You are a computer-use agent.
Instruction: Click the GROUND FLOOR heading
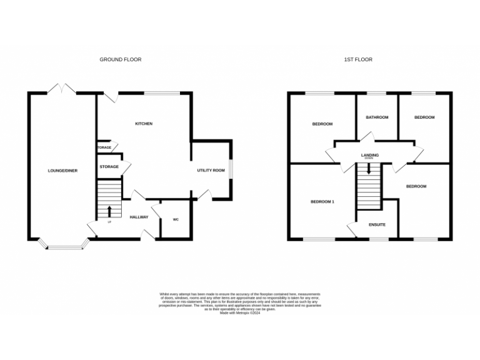(121, 60)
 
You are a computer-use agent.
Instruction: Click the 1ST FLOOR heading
(358, 60)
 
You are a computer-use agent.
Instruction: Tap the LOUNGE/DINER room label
(63, 171)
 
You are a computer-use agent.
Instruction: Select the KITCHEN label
(144, 124)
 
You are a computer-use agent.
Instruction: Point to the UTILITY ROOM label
(211, 171)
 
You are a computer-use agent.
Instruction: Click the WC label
(175, 220)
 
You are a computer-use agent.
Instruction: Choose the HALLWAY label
(139, 217)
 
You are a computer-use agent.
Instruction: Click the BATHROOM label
(377, 117)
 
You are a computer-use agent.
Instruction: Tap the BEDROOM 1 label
(322, 202)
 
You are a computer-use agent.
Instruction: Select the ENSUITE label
(377, 224)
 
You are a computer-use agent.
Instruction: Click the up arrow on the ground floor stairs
(110, 210)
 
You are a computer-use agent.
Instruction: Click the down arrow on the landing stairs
(369, 167)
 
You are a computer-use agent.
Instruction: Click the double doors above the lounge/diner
(63, 89)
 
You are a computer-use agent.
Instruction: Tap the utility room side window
(232, 169)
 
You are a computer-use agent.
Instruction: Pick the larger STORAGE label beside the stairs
(109, 167)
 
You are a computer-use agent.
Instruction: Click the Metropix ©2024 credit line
(240, 313)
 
